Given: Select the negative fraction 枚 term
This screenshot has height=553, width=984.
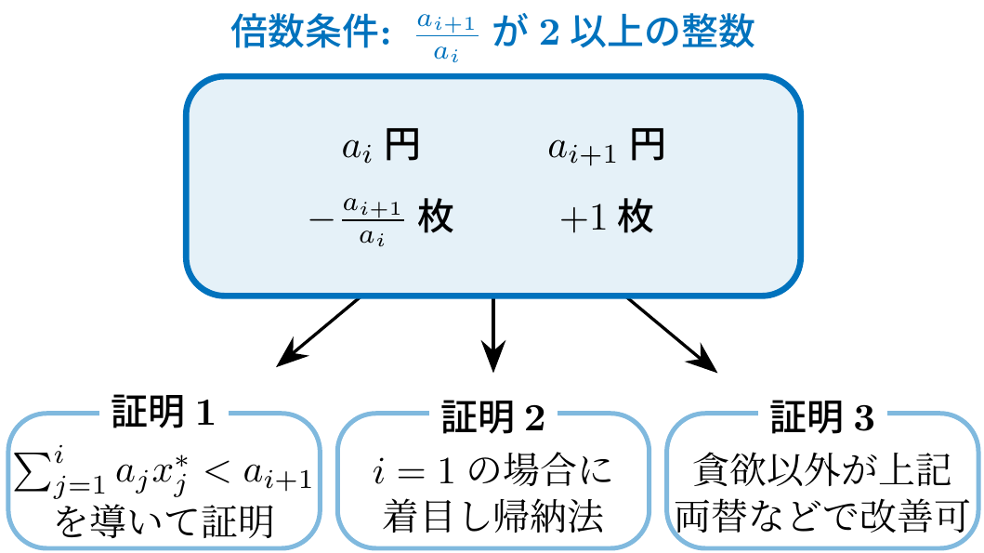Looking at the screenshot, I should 381,219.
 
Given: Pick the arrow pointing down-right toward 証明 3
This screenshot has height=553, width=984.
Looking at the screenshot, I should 672,334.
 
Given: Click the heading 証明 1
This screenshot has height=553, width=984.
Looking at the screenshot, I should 164,415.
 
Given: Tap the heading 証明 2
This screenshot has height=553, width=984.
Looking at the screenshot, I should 492,415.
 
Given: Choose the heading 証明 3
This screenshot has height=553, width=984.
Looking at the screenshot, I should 823,415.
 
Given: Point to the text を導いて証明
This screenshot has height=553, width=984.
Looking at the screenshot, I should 164,521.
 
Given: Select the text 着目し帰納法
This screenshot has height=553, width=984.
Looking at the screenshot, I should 492,519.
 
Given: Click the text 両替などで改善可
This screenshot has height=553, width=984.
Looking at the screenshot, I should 823,519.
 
